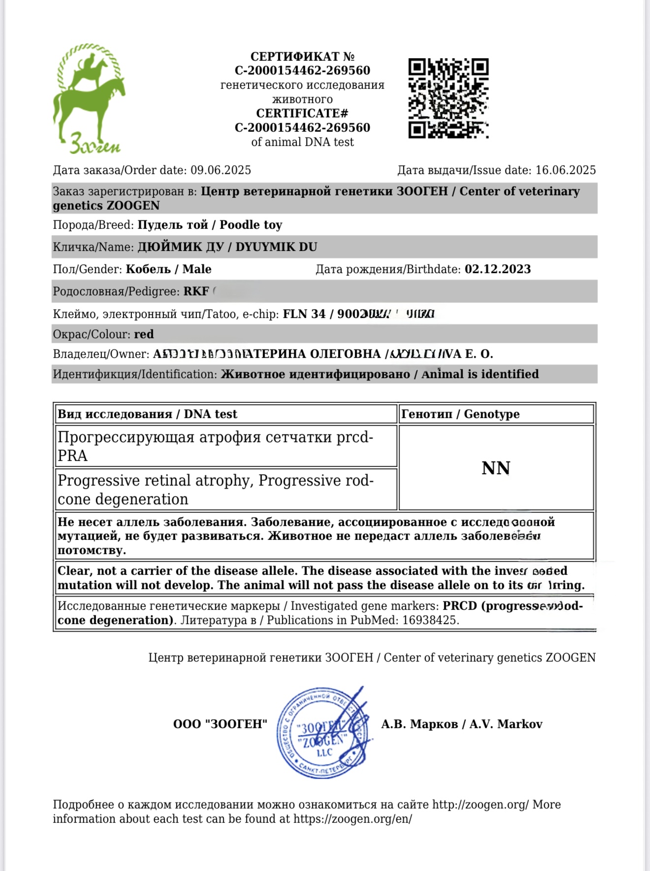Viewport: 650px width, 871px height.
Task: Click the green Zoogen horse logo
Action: (89, 99)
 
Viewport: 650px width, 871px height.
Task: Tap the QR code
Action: (448, 98)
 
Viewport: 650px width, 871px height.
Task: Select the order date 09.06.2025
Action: (221, 171)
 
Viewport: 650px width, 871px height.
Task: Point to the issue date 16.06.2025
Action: (565, 171)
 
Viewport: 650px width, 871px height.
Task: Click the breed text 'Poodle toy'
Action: (251, 225)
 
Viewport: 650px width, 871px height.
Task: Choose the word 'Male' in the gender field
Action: (197, 270)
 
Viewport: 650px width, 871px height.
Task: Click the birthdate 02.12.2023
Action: (497, 270)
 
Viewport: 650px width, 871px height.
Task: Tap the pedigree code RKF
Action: (196, 292)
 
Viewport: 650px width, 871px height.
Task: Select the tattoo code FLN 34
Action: (304, 314)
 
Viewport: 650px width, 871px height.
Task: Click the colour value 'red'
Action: (144, 335)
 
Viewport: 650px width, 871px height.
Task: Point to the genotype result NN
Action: (496, 468)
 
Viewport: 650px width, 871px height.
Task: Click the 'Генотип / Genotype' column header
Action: (460, 415)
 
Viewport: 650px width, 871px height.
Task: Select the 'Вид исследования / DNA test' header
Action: (147, 415)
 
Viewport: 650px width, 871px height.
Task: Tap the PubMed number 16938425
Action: (429, 621)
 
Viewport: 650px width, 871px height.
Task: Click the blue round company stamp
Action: (323, 733)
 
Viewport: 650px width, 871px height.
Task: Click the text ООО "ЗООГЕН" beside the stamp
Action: (220, 725)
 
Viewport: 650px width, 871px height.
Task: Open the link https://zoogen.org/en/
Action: (353, 819)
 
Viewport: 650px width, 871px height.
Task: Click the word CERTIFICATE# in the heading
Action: (302, 114)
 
